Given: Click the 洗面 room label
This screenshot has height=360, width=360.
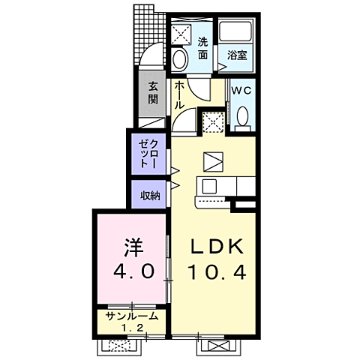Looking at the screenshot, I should (202, 47).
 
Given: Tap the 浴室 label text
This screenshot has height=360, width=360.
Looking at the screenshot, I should (238, 55).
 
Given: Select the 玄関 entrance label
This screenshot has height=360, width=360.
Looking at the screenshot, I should (153, 92).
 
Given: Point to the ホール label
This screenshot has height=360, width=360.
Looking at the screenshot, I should (180, 96).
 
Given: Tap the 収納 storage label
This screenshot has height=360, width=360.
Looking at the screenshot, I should (150, 195).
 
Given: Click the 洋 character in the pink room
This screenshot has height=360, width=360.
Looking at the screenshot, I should (133, 247).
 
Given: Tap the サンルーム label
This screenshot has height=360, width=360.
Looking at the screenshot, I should (131, 316).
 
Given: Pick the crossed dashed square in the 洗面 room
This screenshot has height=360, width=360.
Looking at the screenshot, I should (181, 33).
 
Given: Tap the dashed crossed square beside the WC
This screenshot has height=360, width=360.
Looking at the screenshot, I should (214, 121).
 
